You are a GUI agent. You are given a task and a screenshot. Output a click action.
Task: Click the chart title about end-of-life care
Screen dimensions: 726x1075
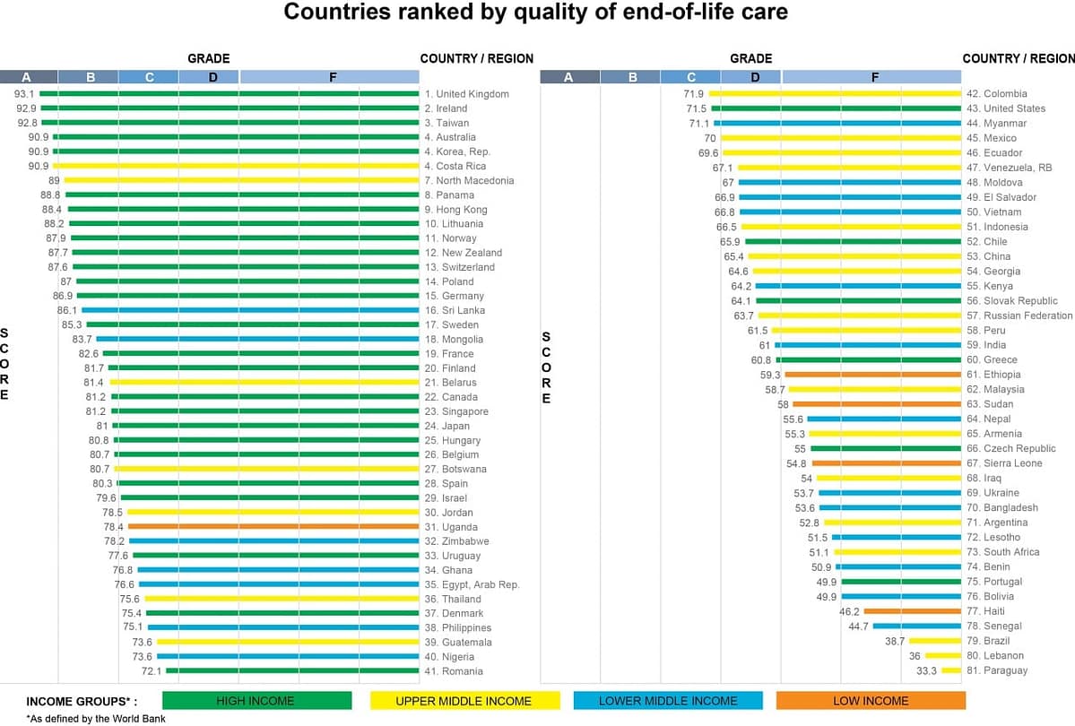click(536, 13)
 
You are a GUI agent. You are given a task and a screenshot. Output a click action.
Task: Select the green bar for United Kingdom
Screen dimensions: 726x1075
click(229, 93)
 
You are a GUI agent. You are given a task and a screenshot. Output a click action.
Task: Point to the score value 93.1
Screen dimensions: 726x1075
click(24, 93)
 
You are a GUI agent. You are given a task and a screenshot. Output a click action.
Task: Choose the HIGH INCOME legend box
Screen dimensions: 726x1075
click(256, 701)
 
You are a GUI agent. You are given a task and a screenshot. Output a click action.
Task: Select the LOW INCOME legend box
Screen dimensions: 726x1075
click(871, 701)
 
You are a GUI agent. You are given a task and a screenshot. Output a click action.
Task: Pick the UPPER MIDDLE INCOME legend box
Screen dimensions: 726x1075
click(464, 701)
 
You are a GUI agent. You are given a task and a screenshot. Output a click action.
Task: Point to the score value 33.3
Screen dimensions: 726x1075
click(926, 670)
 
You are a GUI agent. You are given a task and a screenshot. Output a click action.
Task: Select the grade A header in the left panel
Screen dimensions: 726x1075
click(28, 77)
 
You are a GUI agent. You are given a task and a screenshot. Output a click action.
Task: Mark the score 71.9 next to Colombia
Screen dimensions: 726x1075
click(694, 93)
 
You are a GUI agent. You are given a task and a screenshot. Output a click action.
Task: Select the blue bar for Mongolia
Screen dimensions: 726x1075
click(257, 339)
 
